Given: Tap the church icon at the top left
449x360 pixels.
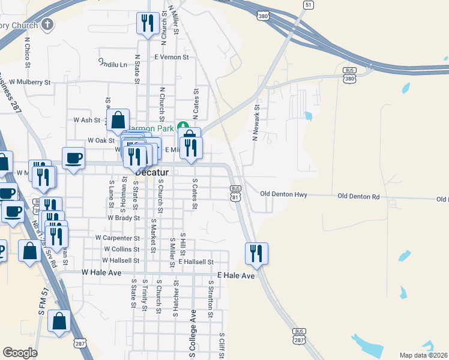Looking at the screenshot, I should click(x=47, y=25).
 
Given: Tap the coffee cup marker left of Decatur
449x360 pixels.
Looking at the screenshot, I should click(x=74, y=159).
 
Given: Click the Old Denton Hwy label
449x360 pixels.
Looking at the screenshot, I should click(x=284, y=194).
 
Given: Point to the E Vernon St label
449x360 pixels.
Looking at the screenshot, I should click(x=171, y=56).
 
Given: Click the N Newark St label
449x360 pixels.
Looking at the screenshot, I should click(x=255, y=124).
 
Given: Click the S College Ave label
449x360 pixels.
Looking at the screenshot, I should click(x=193, y=333).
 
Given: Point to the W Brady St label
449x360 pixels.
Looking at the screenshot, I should click(x=123, y=218).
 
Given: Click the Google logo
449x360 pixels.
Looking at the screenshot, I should click(x=20, y=353).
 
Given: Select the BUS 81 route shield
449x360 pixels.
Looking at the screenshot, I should click(x=236, y=193).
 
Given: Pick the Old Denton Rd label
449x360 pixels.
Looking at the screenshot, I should click(x=358, y=196).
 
